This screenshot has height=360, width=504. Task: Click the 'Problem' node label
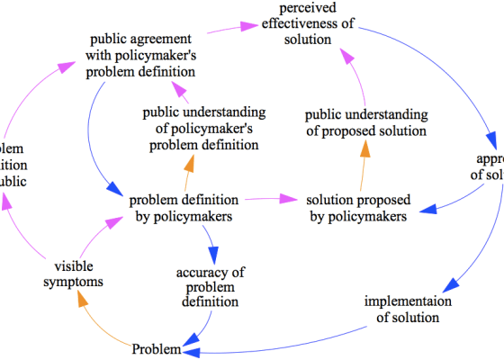click(157, 348)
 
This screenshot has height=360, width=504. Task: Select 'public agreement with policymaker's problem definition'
click(143, 56)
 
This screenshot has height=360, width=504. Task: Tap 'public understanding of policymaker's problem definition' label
click(204, 129)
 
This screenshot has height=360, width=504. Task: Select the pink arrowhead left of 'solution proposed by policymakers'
click(288, 199)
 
